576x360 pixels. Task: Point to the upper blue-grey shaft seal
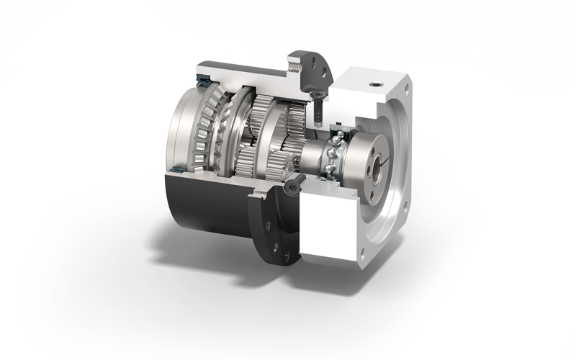199,77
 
